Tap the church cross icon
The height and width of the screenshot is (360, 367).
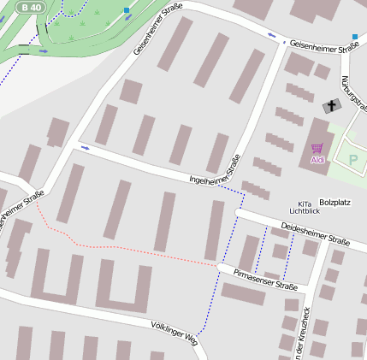[331, 106]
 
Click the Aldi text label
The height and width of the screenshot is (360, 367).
[317, 160]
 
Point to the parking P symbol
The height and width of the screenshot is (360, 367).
[352, 159]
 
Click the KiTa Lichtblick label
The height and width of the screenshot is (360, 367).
[304, 206]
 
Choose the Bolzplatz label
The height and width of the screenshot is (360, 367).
[334, 203]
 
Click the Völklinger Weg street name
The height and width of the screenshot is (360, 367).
[174, 332]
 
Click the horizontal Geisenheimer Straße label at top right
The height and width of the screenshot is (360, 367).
[323, 48]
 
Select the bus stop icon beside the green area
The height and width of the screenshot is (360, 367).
[127, 11]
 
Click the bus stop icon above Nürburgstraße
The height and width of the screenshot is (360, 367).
[354, 37]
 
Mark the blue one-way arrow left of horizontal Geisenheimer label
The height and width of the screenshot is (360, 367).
[272, 35]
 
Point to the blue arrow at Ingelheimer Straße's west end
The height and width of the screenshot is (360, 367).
[85, 147]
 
